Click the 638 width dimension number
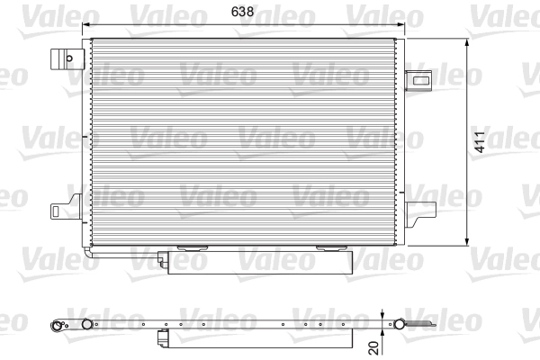(243, 13)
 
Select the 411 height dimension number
(483, 142)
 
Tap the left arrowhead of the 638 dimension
(86, 26)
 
